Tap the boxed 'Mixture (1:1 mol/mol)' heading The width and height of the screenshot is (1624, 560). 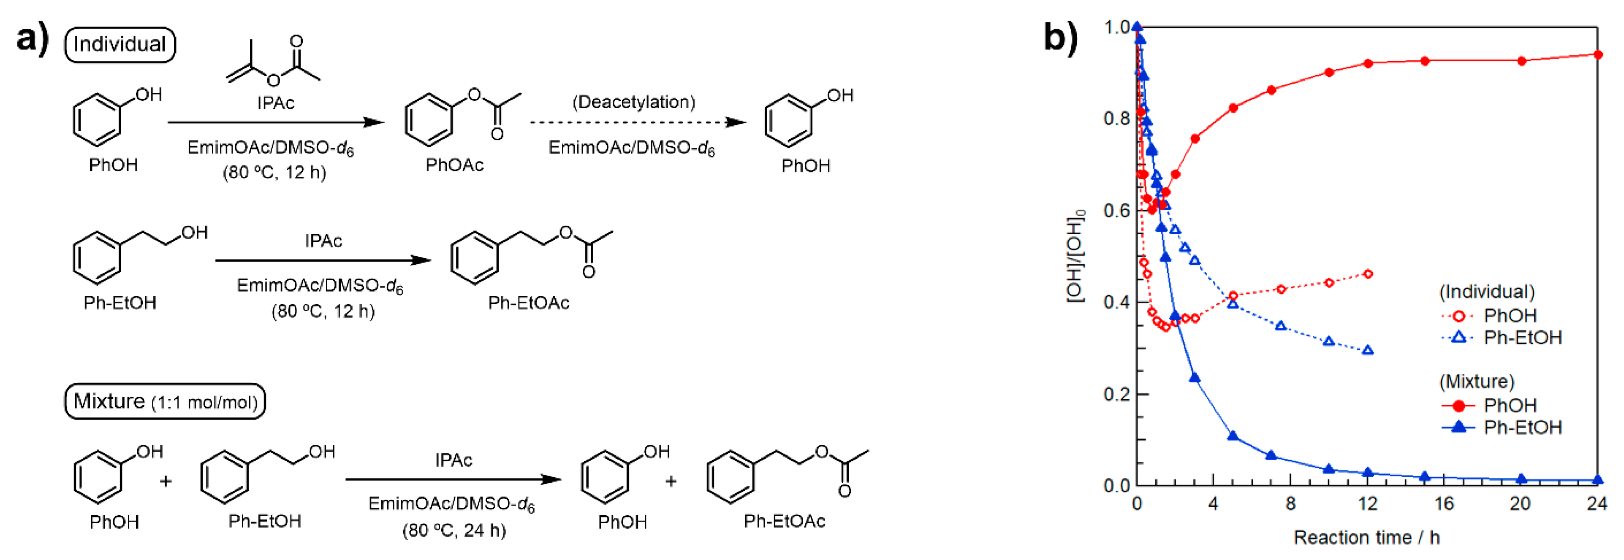[165, 401]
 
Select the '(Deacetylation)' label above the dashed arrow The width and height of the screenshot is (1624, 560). [633, 102]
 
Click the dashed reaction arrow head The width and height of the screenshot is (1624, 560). [736, 122]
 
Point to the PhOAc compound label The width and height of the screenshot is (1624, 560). [454, 165]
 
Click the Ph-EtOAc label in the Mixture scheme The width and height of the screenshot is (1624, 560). [784, 521]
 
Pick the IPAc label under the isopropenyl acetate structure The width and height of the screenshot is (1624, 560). [275, 103]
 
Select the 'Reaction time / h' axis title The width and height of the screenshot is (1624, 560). [1366, 537]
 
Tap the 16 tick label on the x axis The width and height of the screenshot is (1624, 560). [1444, 504]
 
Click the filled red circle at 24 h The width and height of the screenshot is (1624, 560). [1597, 55]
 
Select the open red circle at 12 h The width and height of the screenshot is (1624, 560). [1367, 274]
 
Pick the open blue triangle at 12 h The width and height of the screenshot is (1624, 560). [1367, 350]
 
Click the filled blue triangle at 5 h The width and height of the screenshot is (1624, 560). [1233, 436]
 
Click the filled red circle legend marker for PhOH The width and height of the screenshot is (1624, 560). [1458, 405]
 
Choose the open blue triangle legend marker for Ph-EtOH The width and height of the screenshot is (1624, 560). [1458, 338]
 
